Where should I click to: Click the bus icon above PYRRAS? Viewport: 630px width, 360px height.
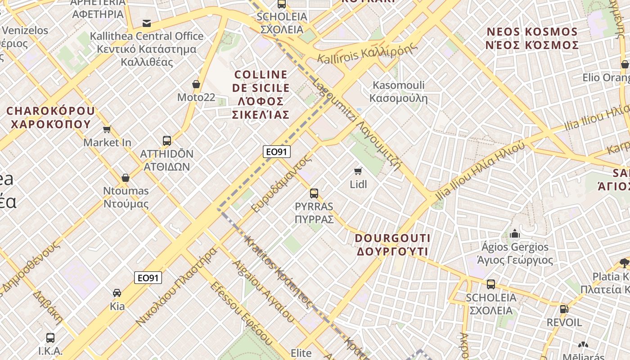coord(314,193)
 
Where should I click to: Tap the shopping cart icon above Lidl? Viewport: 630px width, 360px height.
coord(358,171)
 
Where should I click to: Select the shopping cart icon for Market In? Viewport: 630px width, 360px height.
coord(107,130)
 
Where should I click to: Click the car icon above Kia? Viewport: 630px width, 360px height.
coord(117,293)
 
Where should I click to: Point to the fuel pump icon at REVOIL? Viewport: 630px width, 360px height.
coord(564,309)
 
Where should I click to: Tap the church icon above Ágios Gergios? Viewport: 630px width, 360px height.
coord(515,234)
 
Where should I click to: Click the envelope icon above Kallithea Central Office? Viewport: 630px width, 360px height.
coord(147,23)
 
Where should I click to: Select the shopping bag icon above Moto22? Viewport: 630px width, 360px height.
coord(196,84)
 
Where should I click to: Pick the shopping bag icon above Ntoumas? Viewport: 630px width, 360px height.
coord(126,178)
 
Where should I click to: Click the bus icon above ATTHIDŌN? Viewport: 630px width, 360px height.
coord(167,140)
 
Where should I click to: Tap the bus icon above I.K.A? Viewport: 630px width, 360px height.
coord(50,337)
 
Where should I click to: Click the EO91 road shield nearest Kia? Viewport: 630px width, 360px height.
coord(148,278)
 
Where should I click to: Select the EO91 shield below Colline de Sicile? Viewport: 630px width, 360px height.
coord(276,152)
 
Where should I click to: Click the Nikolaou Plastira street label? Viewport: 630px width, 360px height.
coord(177,286)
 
